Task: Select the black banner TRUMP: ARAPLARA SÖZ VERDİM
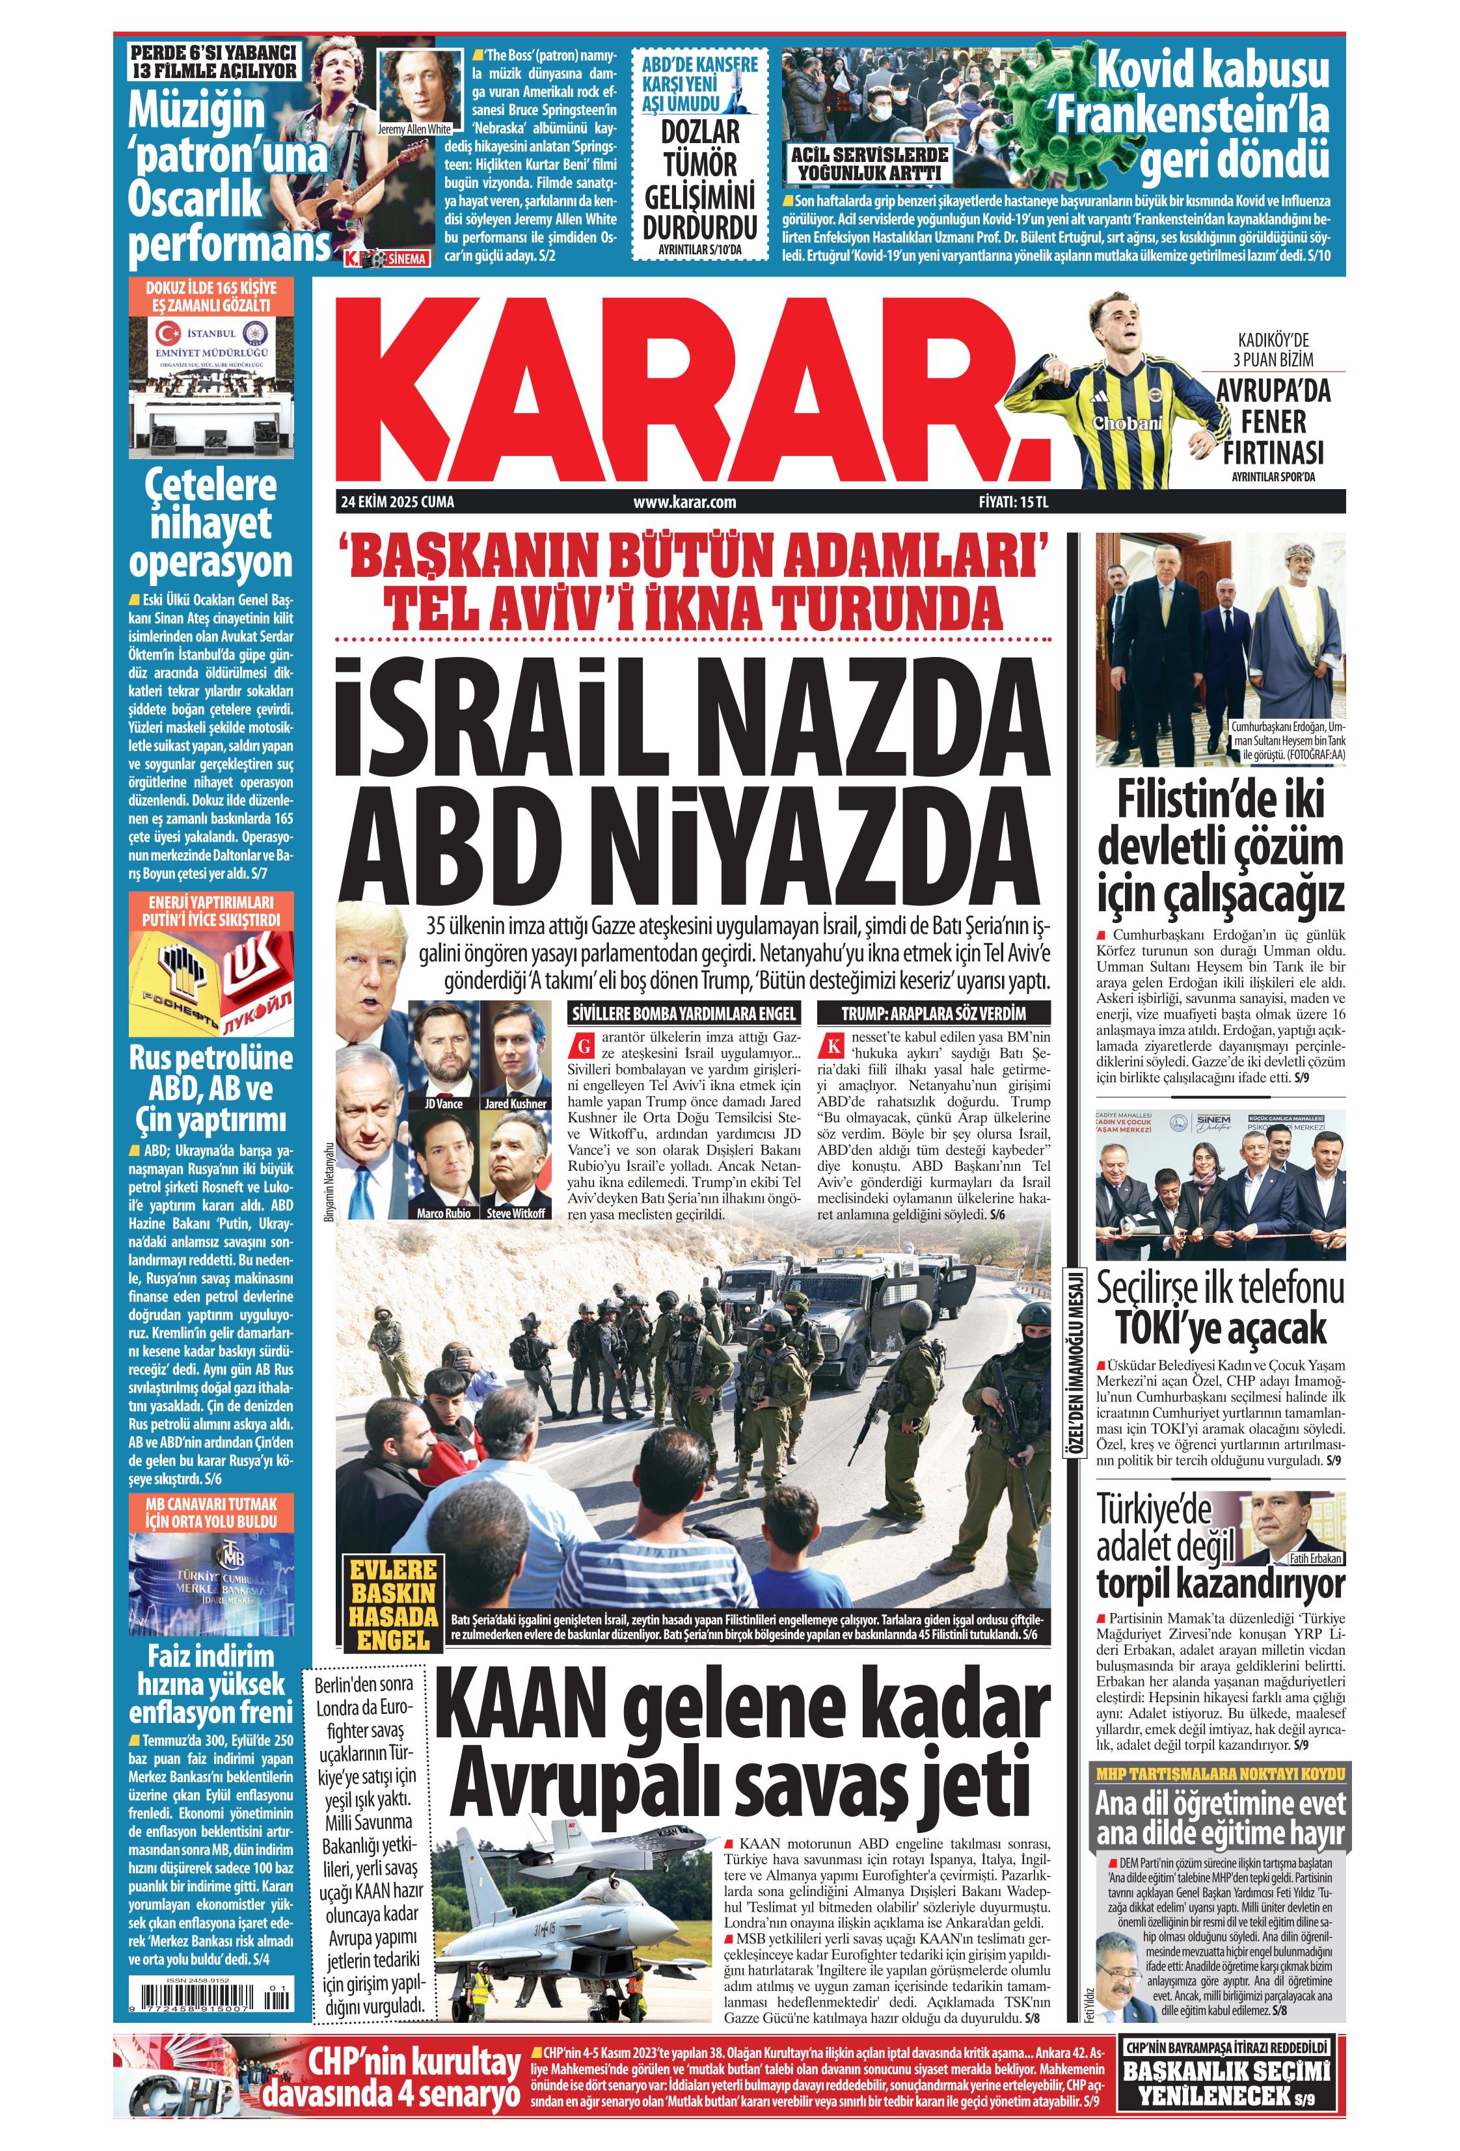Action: [933, 1013]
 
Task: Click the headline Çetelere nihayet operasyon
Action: [211, 524]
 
